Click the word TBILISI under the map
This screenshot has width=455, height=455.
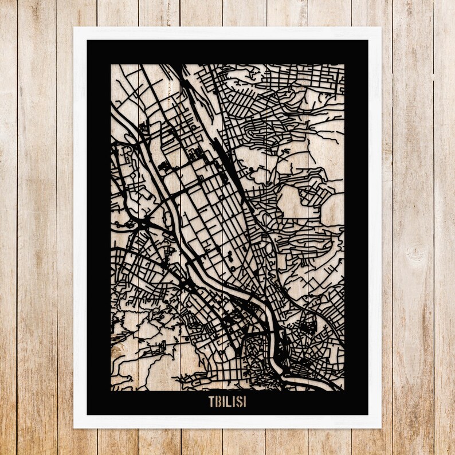pos(227,402)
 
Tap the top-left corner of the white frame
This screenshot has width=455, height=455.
pos(74,28)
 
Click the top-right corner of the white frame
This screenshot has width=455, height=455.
pos(381,28)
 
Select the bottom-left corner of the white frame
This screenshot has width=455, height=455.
pos(74,427)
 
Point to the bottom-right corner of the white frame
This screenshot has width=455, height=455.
pos(381,427)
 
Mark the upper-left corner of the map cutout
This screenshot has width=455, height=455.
pos(111,65)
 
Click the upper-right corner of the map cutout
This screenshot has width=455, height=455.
pos(344,65)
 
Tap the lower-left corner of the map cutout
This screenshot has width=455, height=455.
pos(111,390)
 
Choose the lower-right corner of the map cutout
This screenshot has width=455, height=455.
pos(344,390)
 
